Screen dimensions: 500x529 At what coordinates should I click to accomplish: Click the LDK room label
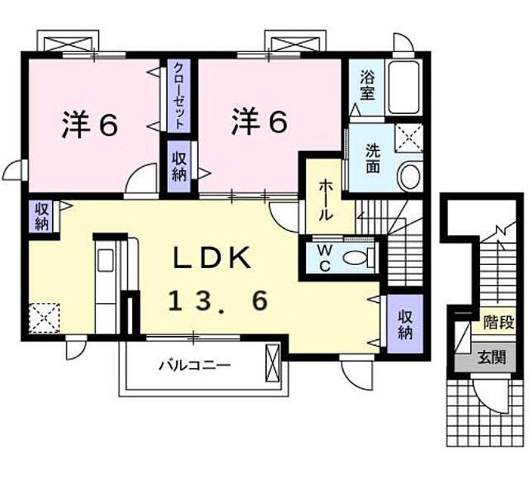pyautogui.click(x=213, y=258)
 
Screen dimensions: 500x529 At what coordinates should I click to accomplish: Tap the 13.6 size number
pyautogui.click(x=218, y=301)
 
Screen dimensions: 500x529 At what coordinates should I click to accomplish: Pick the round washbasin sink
pyautogui.click(x=410, y=177)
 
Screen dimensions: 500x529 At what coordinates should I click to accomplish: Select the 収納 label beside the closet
pyautogui.click(x=179, y=166)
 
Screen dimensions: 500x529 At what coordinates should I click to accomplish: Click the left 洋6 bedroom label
pyautogui.click(x=89, y=125)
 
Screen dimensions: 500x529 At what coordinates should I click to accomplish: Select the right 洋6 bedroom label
pyautogui.click(x=259, y=122)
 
